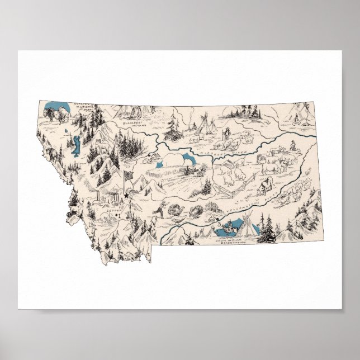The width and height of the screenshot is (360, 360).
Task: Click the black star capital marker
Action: pyautogui.click(x=126, y=196)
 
